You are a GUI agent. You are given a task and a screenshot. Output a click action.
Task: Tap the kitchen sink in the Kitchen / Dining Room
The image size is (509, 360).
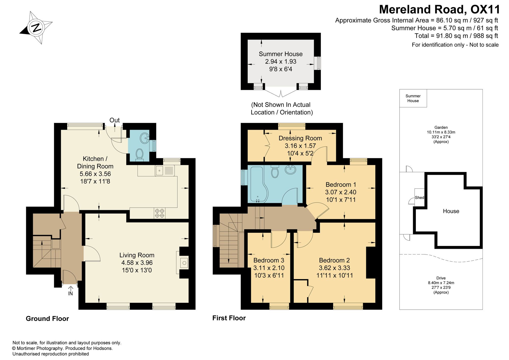pyautogui.click(x=165, y=170)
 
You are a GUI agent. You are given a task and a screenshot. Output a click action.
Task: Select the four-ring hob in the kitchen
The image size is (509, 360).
pyautogui.click(x=160, y=213)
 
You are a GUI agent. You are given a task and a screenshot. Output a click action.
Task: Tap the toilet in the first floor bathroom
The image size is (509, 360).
pyautogui.click(x=275, y=171)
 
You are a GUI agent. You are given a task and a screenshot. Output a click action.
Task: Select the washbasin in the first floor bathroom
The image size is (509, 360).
pyautogui.click(x=290, y=170)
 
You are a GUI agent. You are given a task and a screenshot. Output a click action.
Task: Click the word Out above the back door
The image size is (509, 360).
pyautogui.click(x=115, y=120)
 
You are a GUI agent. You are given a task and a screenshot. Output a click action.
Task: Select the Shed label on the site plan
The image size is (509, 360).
pyautogui.click(x=419, y=197)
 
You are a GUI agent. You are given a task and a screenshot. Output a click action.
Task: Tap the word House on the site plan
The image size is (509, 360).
pyautogui.click(x=451, y=211)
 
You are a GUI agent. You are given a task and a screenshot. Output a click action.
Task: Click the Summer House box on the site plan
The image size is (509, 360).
pyautogui.click(x=413, y=98)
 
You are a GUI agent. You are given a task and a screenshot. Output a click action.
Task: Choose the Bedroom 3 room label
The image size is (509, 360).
pyautogui.click(x=269, y=260)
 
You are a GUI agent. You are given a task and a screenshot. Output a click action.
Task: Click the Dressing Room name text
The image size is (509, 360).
pyautogui.click(x=300, y=138)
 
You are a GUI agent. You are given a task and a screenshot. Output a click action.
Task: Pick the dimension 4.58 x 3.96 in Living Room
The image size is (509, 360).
pyautogui.click(x=137, y=263)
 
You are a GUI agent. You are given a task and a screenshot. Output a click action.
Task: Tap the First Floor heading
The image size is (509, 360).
pyautogui.click(x=229, y=318)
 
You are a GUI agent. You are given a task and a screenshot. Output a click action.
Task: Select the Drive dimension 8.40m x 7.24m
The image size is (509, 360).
pyautogui.click(x=441, y=283)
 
